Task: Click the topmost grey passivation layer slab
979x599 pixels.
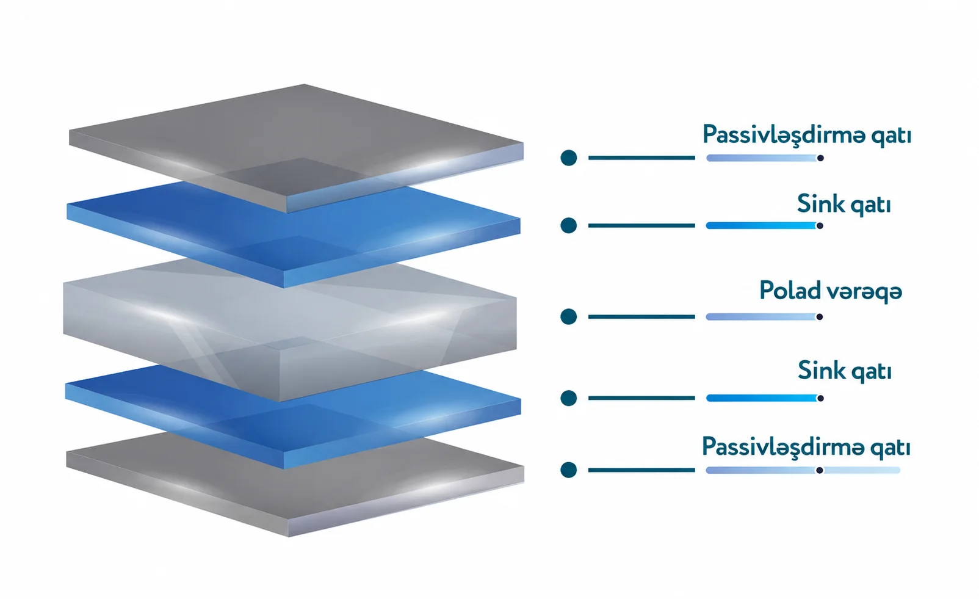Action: (x=296, y=144)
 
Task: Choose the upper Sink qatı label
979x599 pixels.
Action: (x=844, y=205)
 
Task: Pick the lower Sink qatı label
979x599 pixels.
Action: (x=844, y=372)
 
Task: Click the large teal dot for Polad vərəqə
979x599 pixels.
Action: (x=569, y=316)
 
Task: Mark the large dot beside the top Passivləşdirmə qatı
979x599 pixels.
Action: (x=569, y=158)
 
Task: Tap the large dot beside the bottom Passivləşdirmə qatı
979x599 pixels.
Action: (x=569, y=470)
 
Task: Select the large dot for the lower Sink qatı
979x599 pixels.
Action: (x=569, y=398)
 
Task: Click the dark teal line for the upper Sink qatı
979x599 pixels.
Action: (x=641, y=225)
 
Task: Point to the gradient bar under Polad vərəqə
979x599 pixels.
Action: (x=761, y=316)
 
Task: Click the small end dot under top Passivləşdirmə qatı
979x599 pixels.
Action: (x=820, y=158)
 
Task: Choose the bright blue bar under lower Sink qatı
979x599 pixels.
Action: (x=762, y=398)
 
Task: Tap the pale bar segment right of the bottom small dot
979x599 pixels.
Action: (x=862, y=470)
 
